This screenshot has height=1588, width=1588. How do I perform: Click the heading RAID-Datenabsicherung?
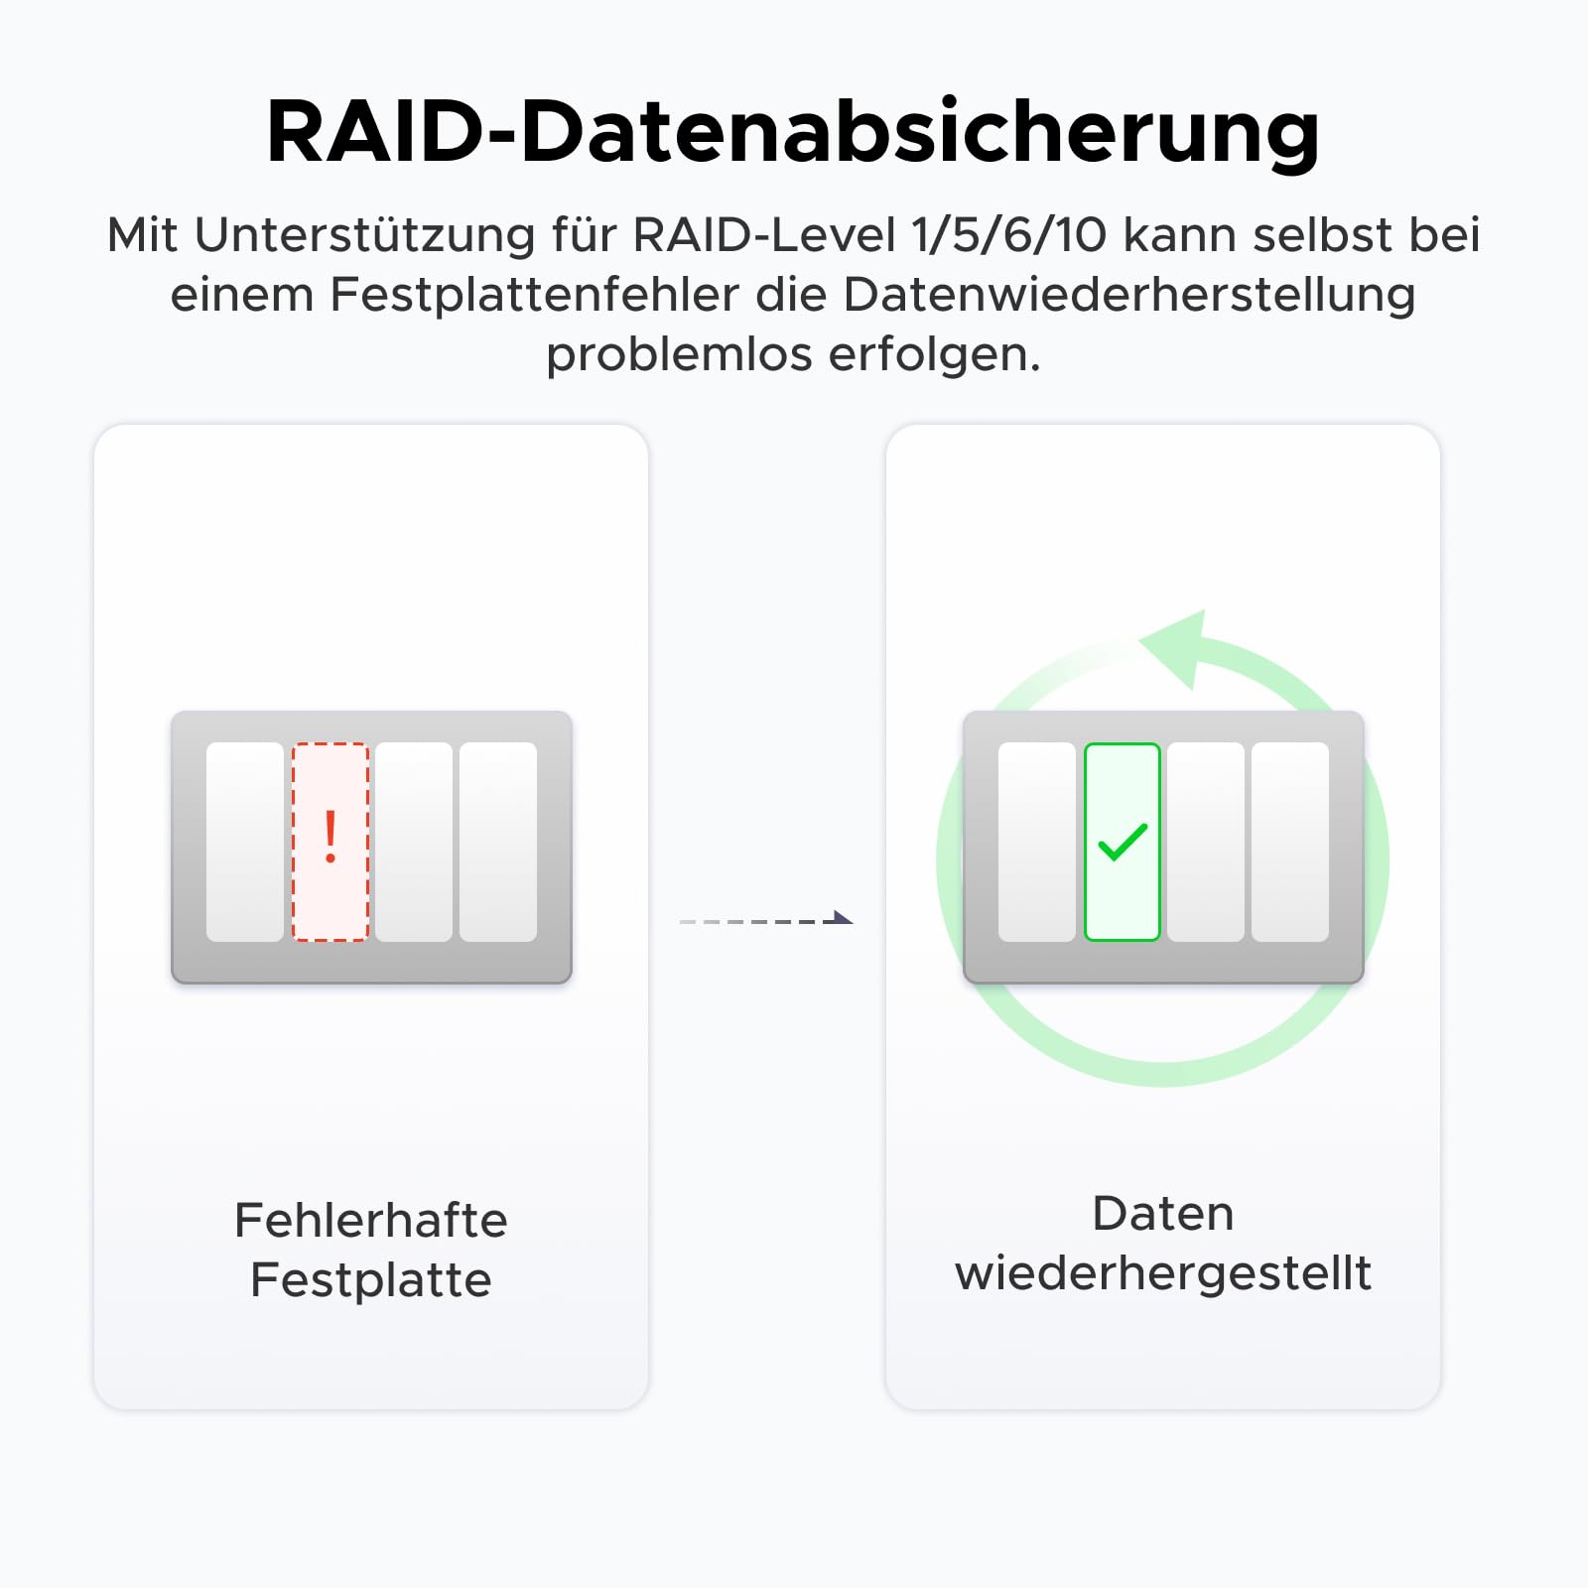coord(793,132)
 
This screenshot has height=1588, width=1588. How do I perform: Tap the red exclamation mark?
coord(331,837)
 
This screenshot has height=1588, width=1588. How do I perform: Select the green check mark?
coord(1123,842)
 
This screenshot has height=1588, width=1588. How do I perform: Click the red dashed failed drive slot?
coord(331,842)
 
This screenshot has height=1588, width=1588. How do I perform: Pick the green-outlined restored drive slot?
coord(1123,842)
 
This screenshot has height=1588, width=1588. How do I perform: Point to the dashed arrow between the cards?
coord(766,920)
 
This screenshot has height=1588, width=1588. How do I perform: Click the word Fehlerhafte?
coord(371,1220)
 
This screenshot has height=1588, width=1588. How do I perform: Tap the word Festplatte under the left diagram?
coord(371,1279)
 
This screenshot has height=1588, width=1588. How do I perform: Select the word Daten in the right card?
coord(1163,1213)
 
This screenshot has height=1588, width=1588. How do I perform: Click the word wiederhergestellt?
coord(1163,1272)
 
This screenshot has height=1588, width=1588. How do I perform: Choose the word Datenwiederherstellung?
coord(1129,294)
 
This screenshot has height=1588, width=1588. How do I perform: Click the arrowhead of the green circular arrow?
coord(1176,648)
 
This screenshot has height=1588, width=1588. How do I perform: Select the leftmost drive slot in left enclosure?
coord(245,842)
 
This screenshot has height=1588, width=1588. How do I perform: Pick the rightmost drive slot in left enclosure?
coord(498,842)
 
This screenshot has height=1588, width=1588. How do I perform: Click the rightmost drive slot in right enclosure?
coord(1290,842)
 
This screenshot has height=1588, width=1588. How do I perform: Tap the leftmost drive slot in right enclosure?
coord(1037,842)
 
